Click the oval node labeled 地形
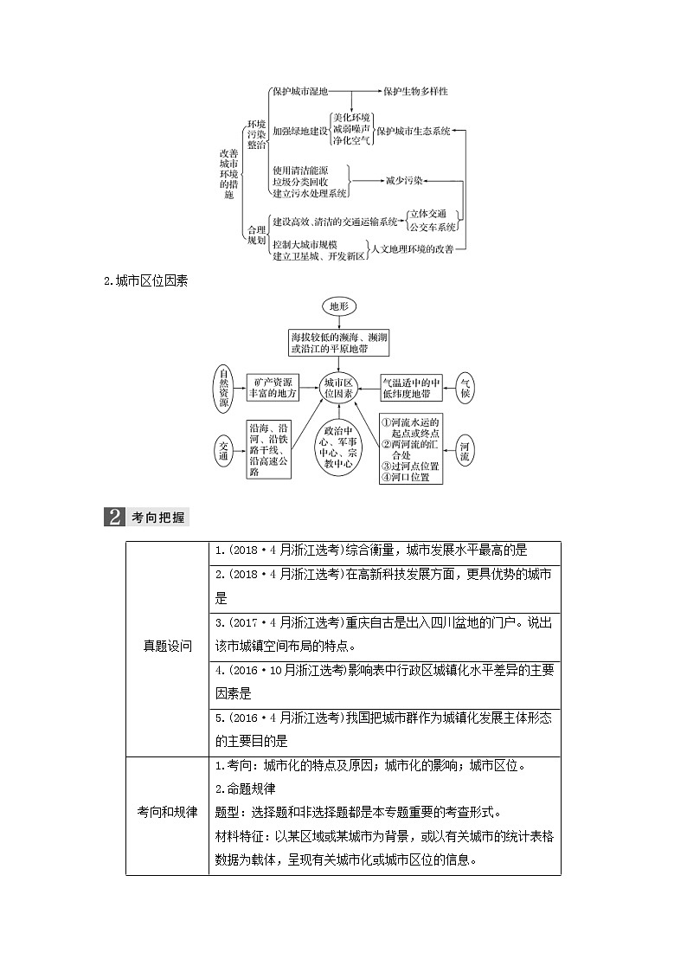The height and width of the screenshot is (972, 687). click(x=337, y=306)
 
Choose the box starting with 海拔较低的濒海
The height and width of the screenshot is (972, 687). click(x=338, y=343)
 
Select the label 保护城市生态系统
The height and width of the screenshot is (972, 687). click(x=414, y=132)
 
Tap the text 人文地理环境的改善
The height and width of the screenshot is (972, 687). click(x=411, y=249)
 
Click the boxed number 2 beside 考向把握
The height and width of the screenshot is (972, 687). click(x=114, y=518)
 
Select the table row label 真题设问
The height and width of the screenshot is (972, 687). click(x=167, y=647)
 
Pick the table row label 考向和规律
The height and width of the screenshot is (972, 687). click(x=167, y=813)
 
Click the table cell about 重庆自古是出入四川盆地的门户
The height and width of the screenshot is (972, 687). click(x=384, y=634)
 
